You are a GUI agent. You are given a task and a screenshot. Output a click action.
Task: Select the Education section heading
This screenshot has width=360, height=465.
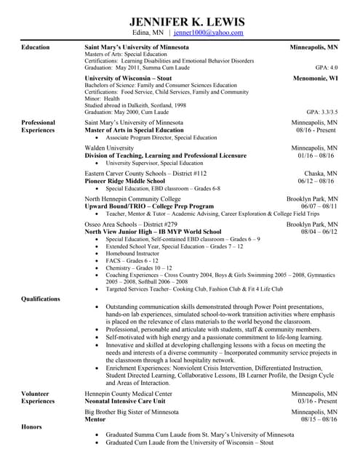(x=36, y=47)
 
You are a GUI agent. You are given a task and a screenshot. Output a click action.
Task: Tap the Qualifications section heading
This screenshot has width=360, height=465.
(x=41, y=299)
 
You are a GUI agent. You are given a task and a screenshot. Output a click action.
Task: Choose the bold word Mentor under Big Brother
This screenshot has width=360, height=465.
(x=95, y=419)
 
